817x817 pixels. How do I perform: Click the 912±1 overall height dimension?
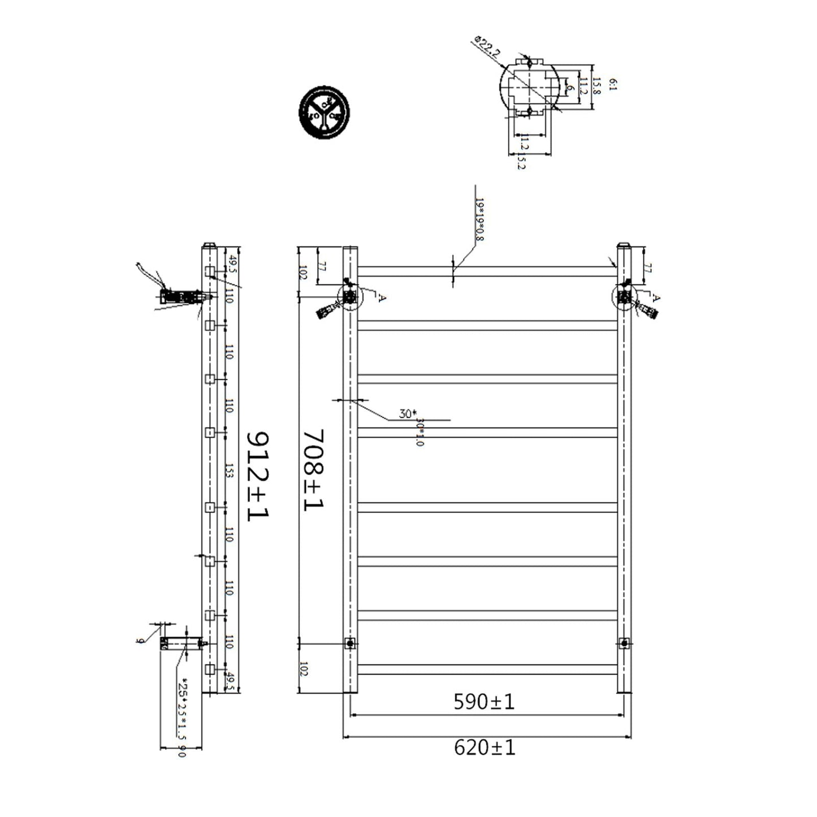pos(258,475)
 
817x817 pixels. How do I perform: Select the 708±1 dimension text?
pos(314,469)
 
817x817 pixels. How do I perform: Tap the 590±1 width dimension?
pos(484,702)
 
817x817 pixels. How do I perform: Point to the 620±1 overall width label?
pos(485,748)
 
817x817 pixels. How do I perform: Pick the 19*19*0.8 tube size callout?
pos(480,219)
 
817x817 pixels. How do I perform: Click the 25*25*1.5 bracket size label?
pos(182,710)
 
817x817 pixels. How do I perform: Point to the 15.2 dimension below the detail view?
pos(521,162)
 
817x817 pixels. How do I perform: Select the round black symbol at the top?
pos(324,112)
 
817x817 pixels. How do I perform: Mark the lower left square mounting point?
pos(350,643)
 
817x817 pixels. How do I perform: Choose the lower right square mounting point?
pos(624,643)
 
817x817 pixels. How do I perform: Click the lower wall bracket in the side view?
pos(181,643)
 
